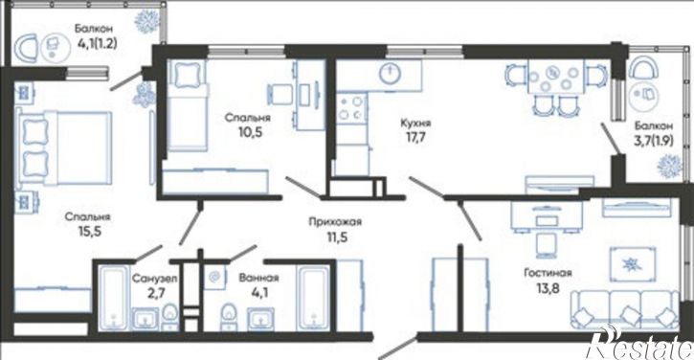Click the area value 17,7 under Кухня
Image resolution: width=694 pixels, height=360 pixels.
click(415, 137)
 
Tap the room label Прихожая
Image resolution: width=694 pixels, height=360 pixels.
click(335, 221)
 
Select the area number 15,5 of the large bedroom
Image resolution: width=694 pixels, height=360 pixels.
click(88, 232)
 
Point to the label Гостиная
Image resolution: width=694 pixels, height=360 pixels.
click(548, 273)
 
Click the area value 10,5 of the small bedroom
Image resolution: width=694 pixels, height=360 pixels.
click(250, 132)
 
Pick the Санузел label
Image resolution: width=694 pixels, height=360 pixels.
click(155, 279)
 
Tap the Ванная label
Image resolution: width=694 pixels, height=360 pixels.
click(258, 278)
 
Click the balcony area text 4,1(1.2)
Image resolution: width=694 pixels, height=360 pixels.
click(97, 44)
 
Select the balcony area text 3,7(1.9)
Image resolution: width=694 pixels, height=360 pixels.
click(654, 141)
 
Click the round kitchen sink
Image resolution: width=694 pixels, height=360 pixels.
click(391, 73)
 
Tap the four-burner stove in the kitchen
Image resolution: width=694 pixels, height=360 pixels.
click(351, 108)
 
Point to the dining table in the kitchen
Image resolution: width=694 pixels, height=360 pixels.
click(555, 78)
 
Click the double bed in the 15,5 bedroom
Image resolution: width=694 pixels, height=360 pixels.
click(64, 147)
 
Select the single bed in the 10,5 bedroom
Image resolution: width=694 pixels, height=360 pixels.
click(188, 105)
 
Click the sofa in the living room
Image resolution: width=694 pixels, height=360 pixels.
click(624, 309)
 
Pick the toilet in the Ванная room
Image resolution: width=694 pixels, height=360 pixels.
click(229, 316)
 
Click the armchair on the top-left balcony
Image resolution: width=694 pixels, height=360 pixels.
click(28, 48)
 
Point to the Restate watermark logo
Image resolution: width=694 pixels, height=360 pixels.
click(639, 343)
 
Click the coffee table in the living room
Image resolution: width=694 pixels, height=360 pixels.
click(629, 264)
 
